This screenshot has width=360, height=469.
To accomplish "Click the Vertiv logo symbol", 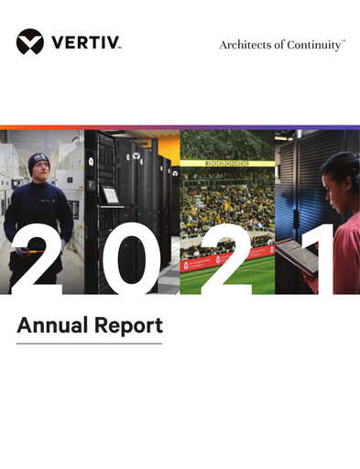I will click(x=29, y=42).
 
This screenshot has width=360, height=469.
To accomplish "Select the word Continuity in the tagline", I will click(x=311, y=44).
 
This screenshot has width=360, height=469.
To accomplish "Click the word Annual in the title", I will click(x=49, y=324).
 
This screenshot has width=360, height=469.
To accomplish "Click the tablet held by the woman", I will click(x=296, y=256).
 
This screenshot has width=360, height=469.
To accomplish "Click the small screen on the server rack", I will click(x=110, y=195).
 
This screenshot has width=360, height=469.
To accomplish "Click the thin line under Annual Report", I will click(x=89, y=344).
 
